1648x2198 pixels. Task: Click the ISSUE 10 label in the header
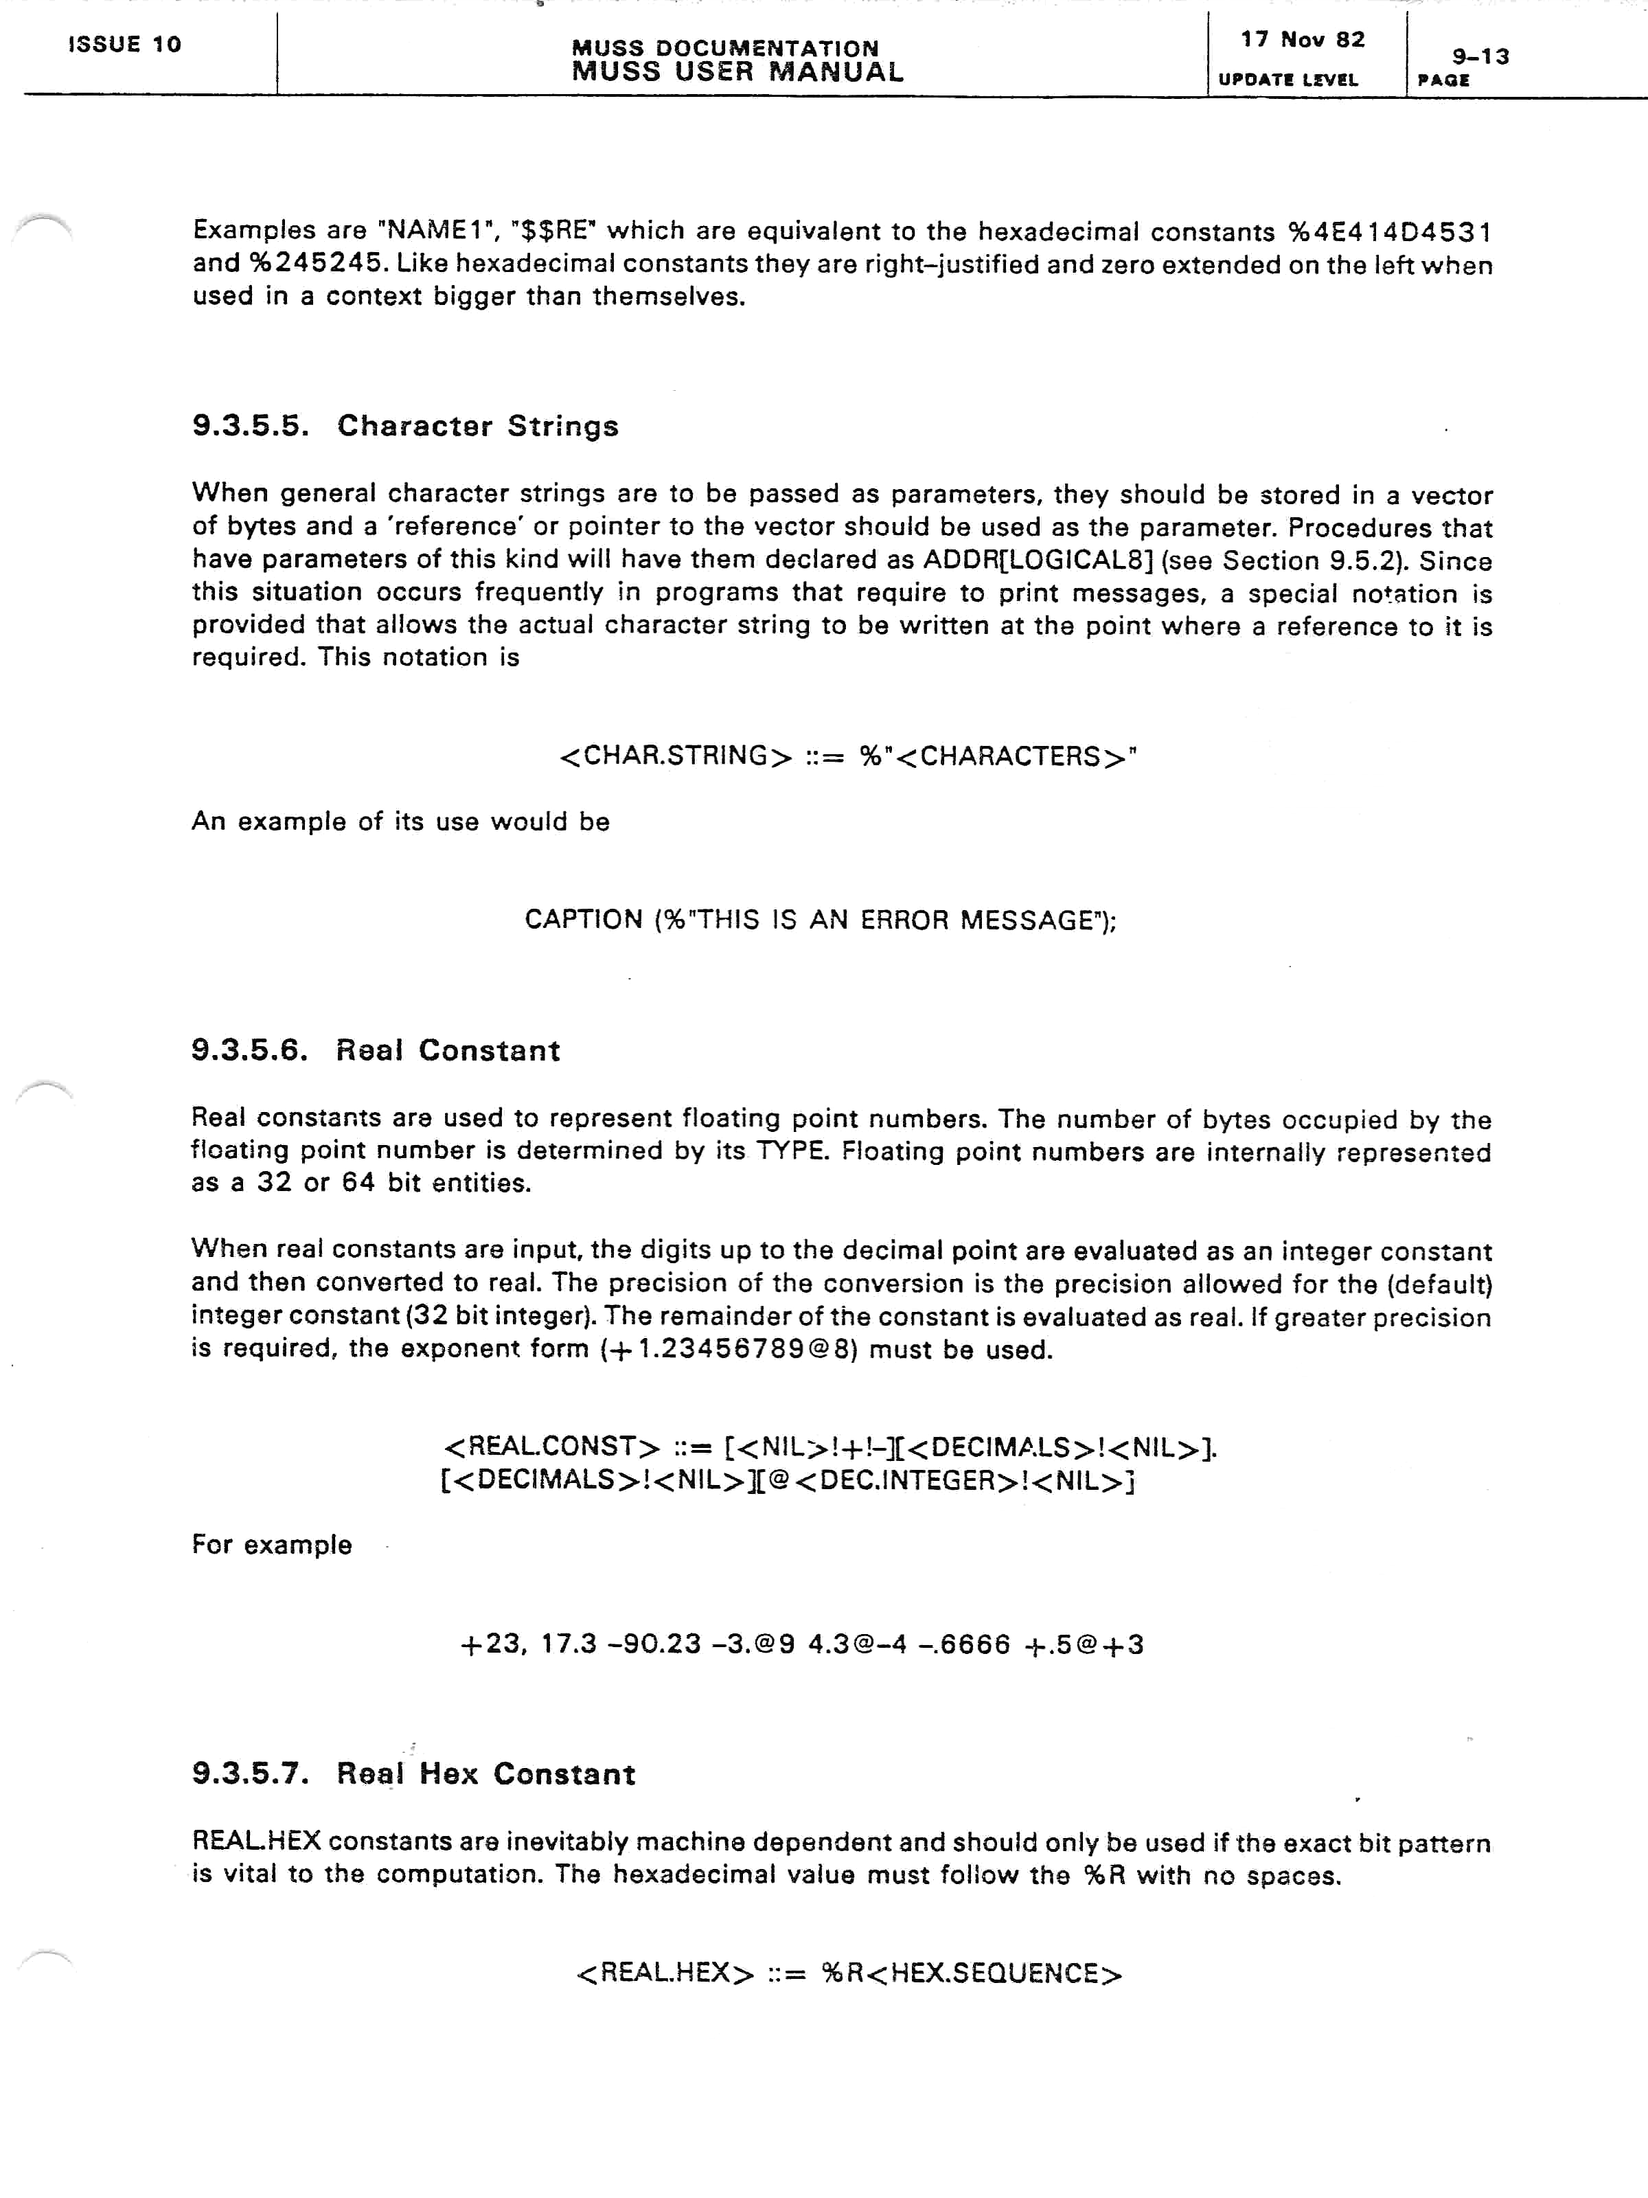click(124, 45)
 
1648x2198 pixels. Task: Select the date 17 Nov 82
click(1303, 40)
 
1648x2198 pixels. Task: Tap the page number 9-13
click(1480, 56)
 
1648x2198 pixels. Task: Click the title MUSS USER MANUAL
click(737, 71)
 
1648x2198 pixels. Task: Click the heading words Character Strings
click(478, 427)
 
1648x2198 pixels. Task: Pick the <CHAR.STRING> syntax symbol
click(676, 756)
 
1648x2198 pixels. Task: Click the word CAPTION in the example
click(583, 920)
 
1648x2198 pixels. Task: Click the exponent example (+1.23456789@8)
click(728, 1350)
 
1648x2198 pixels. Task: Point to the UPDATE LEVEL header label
click(1287, 80)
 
